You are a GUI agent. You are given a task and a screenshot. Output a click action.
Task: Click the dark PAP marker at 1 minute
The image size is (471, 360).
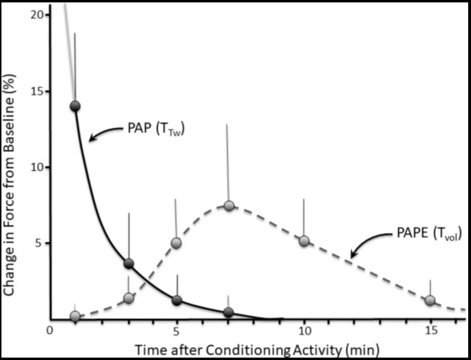(x=75, y=106)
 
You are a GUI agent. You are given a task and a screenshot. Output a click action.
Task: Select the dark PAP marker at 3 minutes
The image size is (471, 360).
(x=129, y=263)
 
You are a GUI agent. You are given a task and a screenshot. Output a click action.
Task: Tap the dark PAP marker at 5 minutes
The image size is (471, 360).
(x=177, y=300)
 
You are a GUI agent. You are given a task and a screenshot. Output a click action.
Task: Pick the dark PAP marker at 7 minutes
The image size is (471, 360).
(x=228, y=312)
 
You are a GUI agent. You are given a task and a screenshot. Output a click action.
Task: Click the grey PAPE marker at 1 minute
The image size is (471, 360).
(x=75, y=316)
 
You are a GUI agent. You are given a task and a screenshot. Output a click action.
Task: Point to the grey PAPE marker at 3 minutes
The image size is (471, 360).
(x=128, y=298)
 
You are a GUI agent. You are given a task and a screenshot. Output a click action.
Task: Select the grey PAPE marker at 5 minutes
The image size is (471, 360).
(x=177, y=243)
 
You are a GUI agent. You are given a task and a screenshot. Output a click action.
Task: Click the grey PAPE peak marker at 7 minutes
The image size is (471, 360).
(x=229, y=205)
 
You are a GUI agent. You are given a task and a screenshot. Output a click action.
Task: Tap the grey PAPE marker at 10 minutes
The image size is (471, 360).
(x=304, y=241)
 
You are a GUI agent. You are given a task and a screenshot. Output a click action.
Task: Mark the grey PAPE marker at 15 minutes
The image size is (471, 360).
(x=430, y=300)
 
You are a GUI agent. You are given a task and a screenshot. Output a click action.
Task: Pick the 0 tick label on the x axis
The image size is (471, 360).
(x=49, y=331)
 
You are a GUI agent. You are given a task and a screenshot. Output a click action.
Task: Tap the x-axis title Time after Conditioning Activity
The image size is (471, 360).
(x=257, y=349)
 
